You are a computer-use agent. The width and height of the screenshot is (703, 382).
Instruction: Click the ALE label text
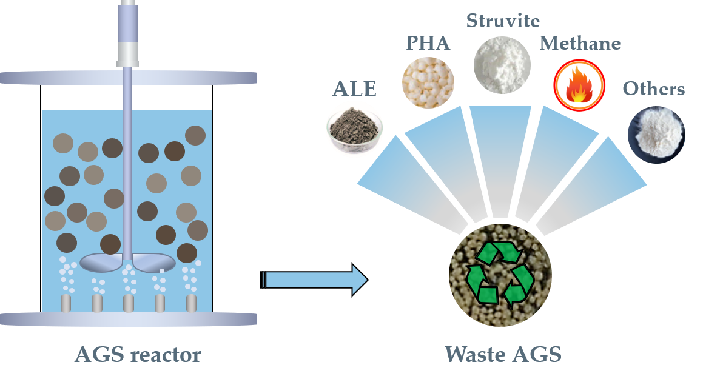[x=354, y=89]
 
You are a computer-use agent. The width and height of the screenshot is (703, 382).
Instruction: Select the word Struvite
[x=503, y=21]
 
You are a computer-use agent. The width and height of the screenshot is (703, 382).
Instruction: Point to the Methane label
[x=580, y=44]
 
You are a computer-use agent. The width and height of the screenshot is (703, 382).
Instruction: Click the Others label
[x=654, y=89]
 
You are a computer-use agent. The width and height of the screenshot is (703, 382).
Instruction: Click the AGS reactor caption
[x=138, y=355]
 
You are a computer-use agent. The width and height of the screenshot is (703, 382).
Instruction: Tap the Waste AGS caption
[x=503, y=355]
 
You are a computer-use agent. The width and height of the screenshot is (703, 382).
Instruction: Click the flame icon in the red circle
[x=579, y=85]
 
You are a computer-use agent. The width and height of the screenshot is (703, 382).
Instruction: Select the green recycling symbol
[x=501, y=275]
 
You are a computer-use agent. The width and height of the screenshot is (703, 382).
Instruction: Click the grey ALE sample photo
[x=354, y=129]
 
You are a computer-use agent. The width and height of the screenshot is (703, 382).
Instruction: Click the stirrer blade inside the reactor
[x=128, y=261]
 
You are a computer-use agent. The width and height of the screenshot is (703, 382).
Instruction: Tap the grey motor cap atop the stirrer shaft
[x=127, y=53]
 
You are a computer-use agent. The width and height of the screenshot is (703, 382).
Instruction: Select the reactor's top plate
[x=128, y=78]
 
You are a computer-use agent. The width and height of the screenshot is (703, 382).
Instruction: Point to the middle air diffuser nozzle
[x=128, y=303]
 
